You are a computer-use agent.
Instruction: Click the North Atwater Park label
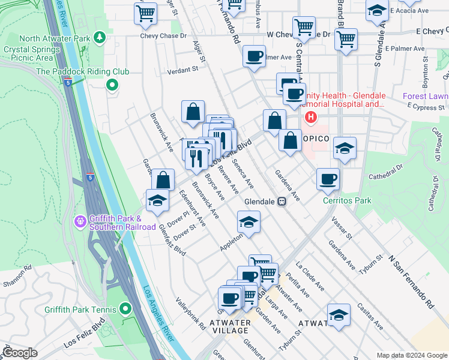[46, 39]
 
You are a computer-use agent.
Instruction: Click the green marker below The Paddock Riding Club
[111, 85]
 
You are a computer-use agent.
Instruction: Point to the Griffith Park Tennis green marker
[125, 309]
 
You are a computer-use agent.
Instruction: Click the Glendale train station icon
[280, 202]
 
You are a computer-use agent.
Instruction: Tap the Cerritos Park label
[346, 200]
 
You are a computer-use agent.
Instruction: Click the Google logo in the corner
[20, 353]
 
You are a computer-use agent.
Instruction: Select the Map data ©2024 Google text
[411, 355]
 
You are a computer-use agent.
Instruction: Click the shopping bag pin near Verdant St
[193, 112]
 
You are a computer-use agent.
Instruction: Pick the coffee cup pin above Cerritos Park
[328, 179]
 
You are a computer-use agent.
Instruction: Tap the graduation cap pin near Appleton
[248, 223]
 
